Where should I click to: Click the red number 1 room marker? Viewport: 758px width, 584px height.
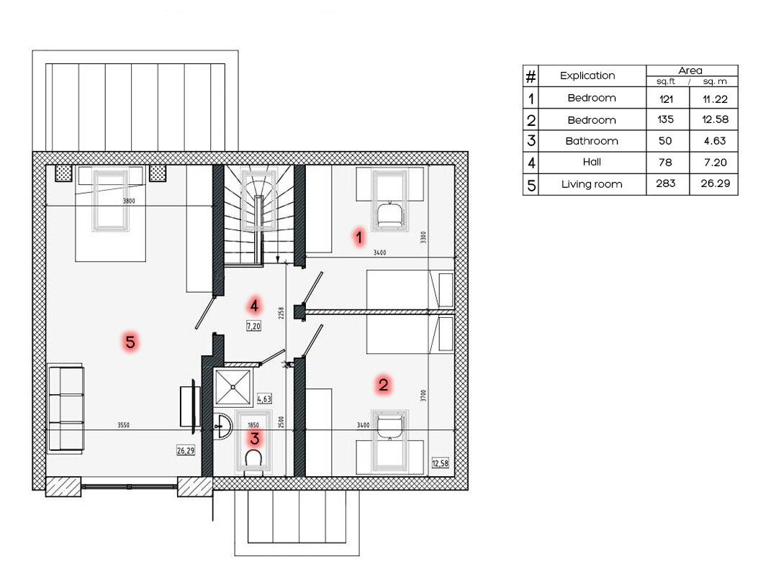click(x=358, y=237)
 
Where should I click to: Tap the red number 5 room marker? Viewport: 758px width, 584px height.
click(x=130, y=342)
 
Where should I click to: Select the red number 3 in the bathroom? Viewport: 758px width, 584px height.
click(x=254, y=438)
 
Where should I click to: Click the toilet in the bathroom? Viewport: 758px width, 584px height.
click(x=253, y=461)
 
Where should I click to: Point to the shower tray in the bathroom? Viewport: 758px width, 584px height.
click(x=233, y=386)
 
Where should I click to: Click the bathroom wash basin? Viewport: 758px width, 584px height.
click(x=223, y=426)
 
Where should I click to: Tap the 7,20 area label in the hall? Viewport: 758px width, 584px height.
click(x=254, y=326)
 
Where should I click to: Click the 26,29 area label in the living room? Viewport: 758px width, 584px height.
click(x=186, y=451)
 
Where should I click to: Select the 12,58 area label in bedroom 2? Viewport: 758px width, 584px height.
click(x=440, y=463)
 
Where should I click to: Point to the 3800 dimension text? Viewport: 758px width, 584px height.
click(x=129, y=201)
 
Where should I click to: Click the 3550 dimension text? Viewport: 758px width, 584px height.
click(x=123, y=425)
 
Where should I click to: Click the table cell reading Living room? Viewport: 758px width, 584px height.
click(x=592, y=184)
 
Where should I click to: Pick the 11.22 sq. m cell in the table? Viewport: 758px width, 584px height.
click(x=715, y=99)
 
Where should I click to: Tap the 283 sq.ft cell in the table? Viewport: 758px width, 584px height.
click(x=666, y=183)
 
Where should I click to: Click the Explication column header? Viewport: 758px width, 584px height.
click(x=587, y=76)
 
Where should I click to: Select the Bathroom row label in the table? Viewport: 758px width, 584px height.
click(x=592, y=141)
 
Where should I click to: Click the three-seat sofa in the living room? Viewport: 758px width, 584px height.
click(x=66, y=409)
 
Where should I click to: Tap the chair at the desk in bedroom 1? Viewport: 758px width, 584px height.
click(x=390, y=216)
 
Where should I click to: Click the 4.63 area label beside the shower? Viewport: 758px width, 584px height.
click(x=264, y=399)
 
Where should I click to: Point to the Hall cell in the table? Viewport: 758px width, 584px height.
click(x=592, y=162)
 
